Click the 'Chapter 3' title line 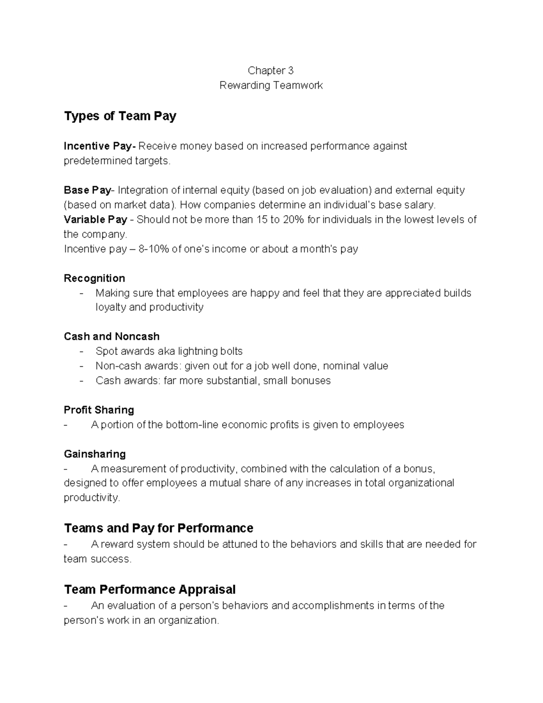271,70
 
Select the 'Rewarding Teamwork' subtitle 271,85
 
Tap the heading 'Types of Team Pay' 120,116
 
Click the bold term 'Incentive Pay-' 100,146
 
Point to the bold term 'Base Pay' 87,190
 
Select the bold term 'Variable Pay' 95,220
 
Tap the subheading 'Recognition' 94,278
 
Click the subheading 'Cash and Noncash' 112,336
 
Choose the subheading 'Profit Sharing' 99,410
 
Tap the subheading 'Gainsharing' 95,454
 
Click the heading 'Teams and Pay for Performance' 158,528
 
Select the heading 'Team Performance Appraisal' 150,589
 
